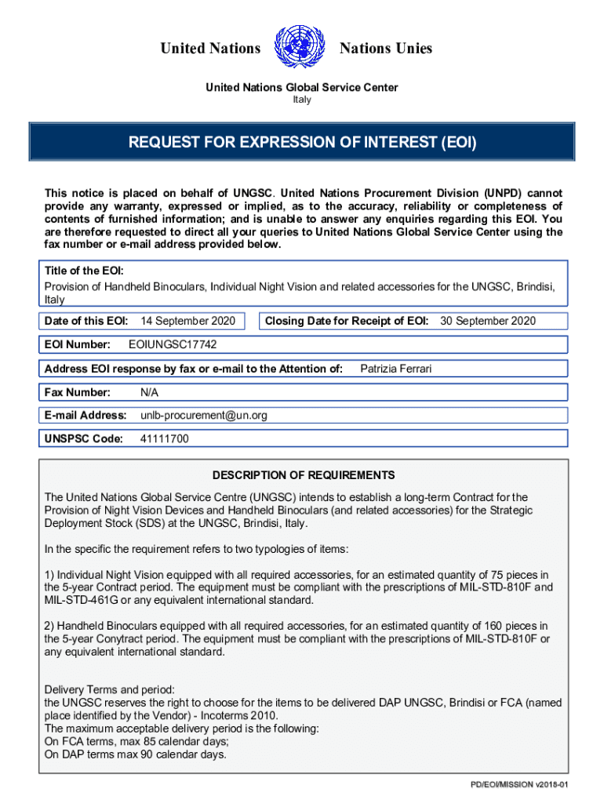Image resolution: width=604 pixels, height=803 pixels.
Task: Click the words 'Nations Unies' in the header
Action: click(385, 49)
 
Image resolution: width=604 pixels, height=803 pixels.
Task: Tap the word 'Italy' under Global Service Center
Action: click(301, 100)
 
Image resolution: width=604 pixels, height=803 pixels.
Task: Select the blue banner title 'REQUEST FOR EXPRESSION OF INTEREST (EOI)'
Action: click(302, 144)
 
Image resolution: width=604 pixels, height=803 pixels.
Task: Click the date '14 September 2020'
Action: click(187, 321)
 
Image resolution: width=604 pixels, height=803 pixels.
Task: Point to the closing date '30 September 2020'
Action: click(488, 321)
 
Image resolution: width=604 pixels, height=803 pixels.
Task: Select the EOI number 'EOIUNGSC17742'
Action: click(173, 345)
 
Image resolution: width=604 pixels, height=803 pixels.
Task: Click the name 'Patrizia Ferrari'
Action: click(395, 369)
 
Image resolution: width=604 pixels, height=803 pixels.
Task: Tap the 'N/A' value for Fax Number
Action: click(149, 392)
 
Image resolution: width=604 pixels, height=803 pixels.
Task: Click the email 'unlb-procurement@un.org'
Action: click(204, 416)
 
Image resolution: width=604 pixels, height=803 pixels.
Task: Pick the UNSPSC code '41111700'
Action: click(164, 439)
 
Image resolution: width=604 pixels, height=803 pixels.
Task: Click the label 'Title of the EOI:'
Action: click(84, 271)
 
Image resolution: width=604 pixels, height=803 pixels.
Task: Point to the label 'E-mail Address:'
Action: click(86, 416)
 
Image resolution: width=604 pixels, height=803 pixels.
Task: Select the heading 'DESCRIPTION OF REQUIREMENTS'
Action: click(304, 475)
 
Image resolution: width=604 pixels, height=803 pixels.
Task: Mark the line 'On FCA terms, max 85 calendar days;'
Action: click(136, 742)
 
